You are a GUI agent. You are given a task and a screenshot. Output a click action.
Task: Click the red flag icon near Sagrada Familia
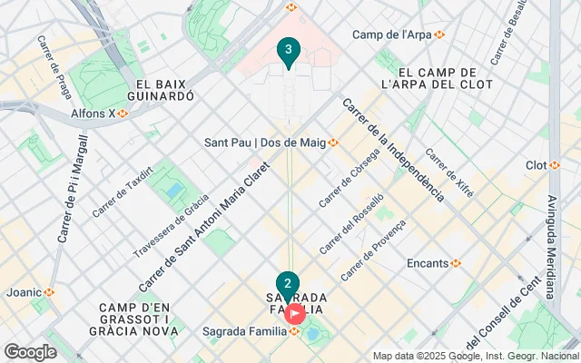point(296,314)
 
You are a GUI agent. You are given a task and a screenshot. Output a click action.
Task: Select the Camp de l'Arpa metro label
point(398,34)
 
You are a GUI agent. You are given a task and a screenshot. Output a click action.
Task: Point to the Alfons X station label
point(99,113)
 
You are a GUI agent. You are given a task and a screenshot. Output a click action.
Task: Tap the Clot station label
point(543,165)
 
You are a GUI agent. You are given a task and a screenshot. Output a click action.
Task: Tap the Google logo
point(29,352)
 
